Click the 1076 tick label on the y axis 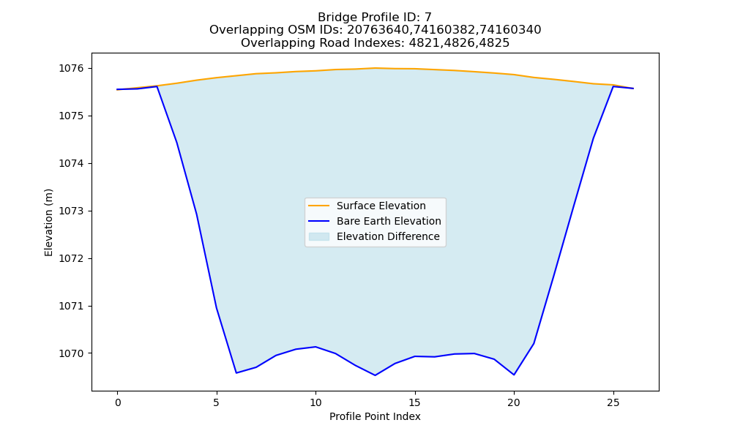(71, 69)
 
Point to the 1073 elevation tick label (71, 211)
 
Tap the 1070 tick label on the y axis (71, 353)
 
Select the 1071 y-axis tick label (71, 306)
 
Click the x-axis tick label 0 (118, 402)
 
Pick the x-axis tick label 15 (414, 402)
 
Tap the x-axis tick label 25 (613, 402)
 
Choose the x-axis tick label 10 (315, 402)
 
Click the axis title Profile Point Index (375, 416)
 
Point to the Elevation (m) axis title (48, 222)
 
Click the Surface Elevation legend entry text (381, 206)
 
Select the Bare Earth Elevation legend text (389, 221)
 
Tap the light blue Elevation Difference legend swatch (319, 236)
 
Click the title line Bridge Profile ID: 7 (375, 18)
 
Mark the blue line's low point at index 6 (236, 372)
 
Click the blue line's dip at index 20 (514, 375)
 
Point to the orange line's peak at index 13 (375, 68)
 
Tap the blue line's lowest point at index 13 (375, 375)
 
